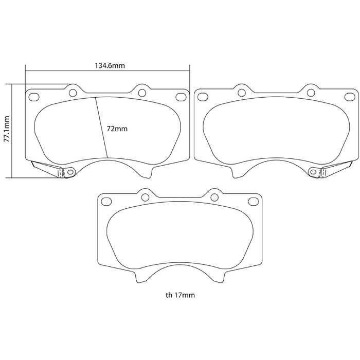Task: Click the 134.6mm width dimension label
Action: pos(110,66)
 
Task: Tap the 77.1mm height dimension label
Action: pos(7,129)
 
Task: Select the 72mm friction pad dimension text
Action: pos(117,129)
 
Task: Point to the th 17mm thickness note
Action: pos(180,295)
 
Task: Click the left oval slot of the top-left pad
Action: pos(33,97)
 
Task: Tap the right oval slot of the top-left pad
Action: pos(181,97)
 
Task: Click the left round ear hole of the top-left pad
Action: pos(73,93)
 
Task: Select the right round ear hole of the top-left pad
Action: pos(142,93)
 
